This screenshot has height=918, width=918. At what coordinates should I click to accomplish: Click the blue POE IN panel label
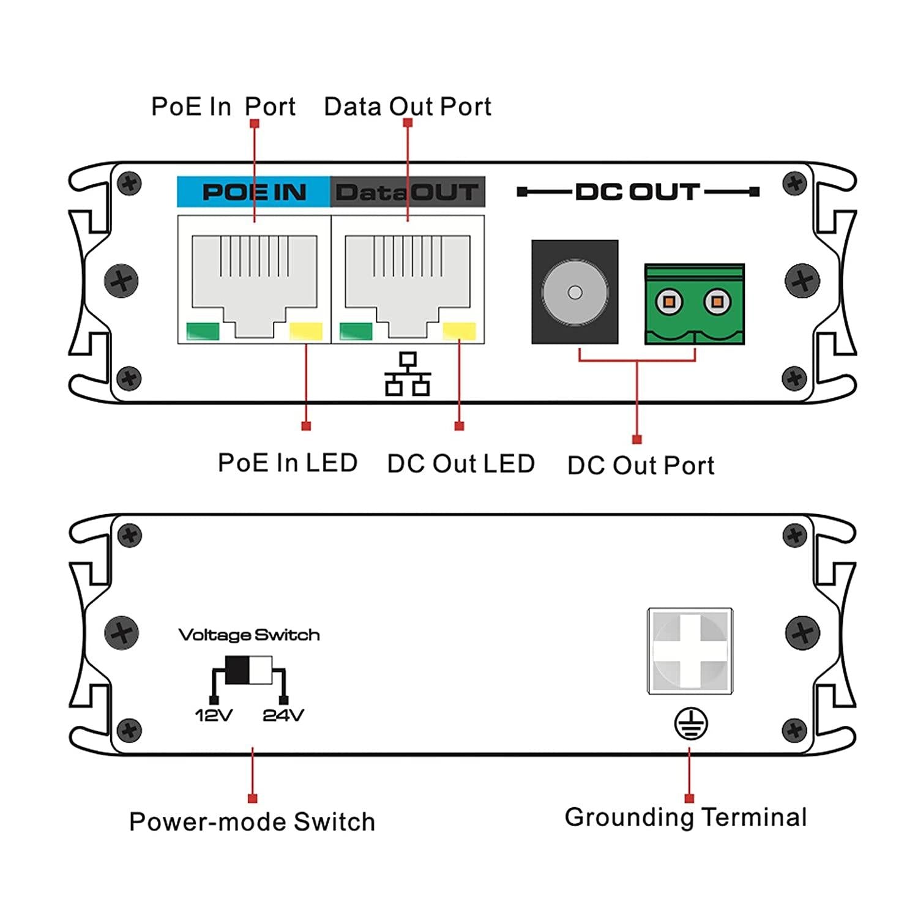[x=253, y=192]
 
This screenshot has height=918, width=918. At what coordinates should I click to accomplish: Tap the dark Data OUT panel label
[x=407, y=192]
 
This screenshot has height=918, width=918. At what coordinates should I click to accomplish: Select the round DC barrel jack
[x=575, y=292]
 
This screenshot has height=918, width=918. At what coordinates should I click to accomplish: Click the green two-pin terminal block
[x=694, y=304]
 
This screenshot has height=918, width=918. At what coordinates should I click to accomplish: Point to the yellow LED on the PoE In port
[x=305, y=332]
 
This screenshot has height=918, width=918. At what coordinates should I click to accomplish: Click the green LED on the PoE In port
[x=203, y=332]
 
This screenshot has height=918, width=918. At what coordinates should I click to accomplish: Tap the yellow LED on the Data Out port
[x=459, y=331]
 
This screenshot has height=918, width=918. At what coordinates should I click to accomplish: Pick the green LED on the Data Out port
[x=356, y=331]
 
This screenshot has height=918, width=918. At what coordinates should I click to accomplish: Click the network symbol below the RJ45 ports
[x=408, y=374]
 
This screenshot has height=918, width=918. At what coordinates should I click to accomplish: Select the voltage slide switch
[x=248, y=670]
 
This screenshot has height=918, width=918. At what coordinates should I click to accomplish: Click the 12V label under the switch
[x=214, y=715]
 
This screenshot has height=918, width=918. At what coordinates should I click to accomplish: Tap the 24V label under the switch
[x=283, y=715]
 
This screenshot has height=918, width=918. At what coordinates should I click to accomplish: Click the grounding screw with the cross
[x=690, y=651]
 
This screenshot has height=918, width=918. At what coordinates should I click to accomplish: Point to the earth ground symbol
[x=691, y=724]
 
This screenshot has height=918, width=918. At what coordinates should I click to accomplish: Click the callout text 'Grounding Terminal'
[x=685, y=818]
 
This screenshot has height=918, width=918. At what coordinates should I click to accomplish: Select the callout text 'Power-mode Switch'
[x=252, y=822]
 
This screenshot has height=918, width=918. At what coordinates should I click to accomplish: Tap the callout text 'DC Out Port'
[x=641, y=466]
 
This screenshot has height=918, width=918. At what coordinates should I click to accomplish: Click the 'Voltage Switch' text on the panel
[x=249, y=635]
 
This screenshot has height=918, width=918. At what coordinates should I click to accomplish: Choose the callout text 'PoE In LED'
[x=288, y=463]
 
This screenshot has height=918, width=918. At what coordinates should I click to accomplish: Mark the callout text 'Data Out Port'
[x=408, y=107]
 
